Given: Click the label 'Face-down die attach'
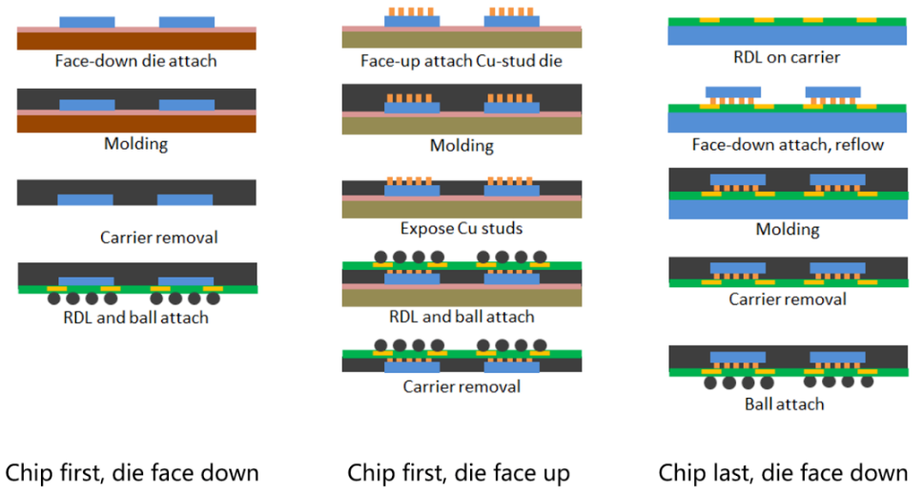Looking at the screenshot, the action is click(136, 61).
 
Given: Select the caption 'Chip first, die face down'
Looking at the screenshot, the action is click(132, 473).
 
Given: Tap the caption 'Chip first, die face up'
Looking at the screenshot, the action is click(459, 473).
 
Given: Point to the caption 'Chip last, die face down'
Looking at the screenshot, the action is click(783, 473).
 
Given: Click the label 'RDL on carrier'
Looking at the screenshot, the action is click(787, 57).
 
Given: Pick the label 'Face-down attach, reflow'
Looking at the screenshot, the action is click(788, 145).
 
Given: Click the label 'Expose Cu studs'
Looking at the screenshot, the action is click(461, 228).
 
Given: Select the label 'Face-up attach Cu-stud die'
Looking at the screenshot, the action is click(461, 61).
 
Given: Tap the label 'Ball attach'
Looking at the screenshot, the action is click(784, 404).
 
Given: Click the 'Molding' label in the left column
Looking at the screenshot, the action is click(136, 144).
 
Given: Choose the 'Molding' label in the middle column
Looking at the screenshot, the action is click(461, 146).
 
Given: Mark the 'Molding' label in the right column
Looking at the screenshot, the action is click(788, 230).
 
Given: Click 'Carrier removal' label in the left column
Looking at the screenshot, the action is click(159, 237).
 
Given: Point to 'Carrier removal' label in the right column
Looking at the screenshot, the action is click(788, 299).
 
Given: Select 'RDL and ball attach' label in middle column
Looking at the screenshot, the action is click(461, 317).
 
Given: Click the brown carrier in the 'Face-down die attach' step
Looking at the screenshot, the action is click(136, 41).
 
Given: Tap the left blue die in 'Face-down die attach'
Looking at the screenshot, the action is click(87, 22).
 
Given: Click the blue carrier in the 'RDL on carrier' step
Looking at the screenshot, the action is click(787, 35).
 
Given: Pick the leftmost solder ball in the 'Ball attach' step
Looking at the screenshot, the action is click(710, 383).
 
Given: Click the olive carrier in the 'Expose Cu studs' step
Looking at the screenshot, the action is click(462, 210).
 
